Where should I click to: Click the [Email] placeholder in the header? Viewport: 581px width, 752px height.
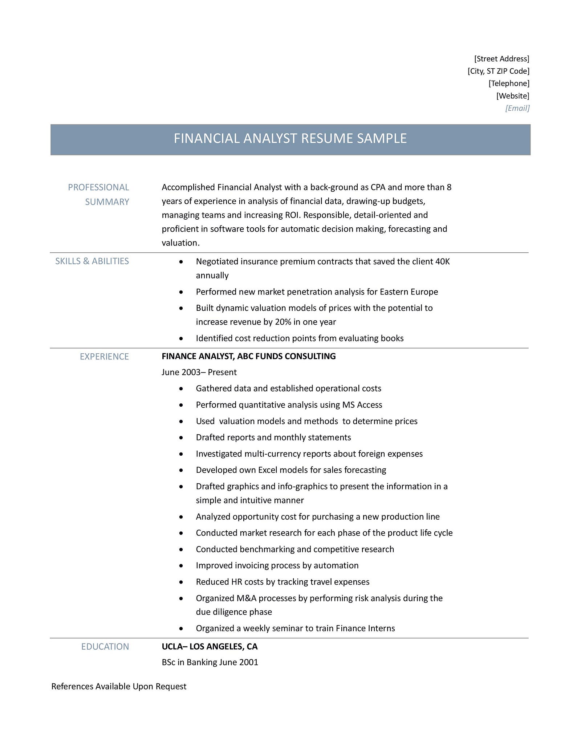pos(517,108)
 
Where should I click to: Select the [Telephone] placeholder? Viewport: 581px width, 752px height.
pos(509,84)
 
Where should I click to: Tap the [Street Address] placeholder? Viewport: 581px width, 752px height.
pos(502,59)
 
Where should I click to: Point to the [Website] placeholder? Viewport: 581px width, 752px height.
pos(513,96)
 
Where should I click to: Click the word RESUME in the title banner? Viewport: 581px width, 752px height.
pos(328,138)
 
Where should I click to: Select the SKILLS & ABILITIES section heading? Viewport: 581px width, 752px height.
pos(92,261)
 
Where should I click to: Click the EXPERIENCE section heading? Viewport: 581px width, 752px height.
pos(104,357)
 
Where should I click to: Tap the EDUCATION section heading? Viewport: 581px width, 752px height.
pos(105,646)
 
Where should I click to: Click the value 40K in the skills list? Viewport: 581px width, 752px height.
pos(442,261)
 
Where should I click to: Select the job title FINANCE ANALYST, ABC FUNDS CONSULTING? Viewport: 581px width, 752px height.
pos(248,356)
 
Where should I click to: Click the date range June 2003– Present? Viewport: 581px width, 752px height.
pos(199,372)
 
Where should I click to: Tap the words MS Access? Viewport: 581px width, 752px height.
pos(362,405)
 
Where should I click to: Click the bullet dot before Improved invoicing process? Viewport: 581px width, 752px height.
pos(181,566)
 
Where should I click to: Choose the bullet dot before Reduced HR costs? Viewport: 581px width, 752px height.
pos(181,582)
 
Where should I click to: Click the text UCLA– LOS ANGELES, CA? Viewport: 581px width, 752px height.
pos(209,646)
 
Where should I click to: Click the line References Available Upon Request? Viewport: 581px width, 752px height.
pos(119,686)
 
